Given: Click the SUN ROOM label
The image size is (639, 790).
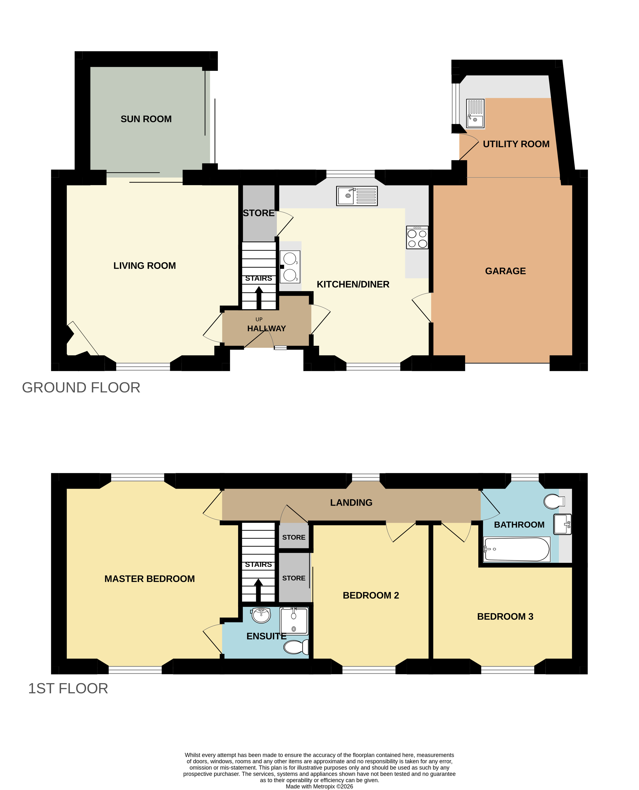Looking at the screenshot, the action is [146, 119].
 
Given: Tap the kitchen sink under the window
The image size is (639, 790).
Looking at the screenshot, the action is [357, 196].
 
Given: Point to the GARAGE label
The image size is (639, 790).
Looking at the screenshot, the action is [505, 271].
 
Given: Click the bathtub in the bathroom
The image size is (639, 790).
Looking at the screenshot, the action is [516, 549].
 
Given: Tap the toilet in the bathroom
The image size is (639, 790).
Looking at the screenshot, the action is [554, 501].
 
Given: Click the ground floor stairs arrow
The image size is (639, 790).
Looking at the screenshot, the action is [259, 298].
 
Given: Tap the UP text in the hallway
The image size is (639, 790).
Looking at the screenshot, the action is [259, 319].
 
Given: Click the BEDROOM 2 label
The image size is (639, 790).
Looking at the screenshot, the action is [371, 595].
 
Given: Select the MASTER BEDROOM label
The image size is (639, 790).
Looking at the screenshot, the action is [149, 579].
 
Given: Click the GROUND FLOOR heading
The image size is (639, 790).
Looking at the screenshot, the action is [81, 388].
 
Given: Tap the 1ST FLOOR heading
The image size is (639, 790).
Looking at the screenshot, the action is [68, 689].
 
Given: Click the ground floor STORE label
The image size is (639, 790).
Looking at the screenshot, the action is [259, 213].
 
